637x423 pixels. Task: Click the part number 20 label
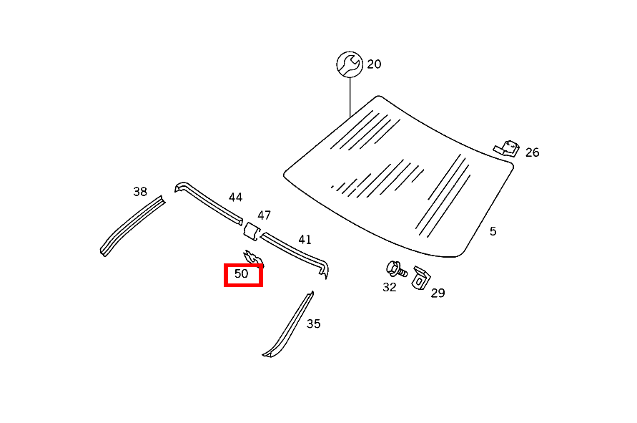pos(374,64)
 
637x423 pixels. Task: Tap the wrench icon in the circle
pos(350,64)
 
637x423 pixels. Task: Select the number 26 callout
pos(532,152)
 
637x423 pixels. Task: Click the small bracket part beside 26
pos(507,148)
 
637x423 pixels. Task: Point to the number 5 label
pos(493,231)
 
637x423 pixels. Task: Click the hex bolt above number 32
pos(396,269)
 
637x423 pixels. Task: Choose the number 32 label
pos(389,287)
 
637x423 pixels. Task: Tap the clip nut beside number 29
pos(421,278)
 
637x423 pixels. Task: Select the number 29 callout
pos(438,293)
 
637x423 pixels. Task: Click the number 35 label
pos(314,324)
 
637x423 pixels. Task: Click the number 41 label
pos(305,240)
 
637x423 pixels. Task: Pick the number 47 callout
pos(264,215)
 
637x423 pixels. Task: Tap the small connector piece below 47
pos(252,230)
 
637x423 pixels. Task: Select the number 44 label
pos(236,198)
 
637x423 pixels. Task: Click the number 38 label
pos(140,192)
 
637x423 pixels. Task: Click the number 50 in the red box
pos(242,273)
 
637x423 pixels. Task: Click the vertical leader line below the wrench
pos(350,97)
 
